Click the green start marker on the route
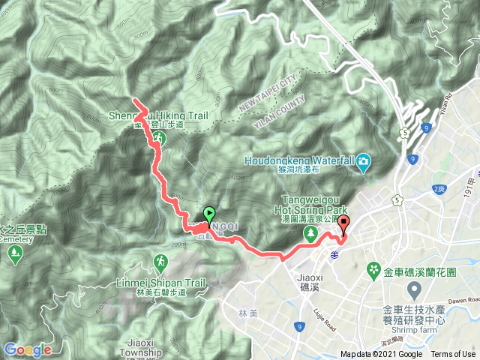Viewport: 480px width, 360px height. tap(208, 214)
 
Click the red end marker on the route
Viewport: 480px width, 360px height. tap(344, 223)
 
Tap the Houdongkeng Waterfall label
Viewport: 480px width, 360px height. tap(301, 160)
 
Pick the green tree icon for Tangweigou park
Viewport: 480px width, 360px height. tap(309, 234)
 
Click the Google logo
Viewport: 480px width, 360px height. tap(28, 349)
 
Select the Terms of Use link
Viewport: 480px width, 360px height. tap(453, 355)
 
